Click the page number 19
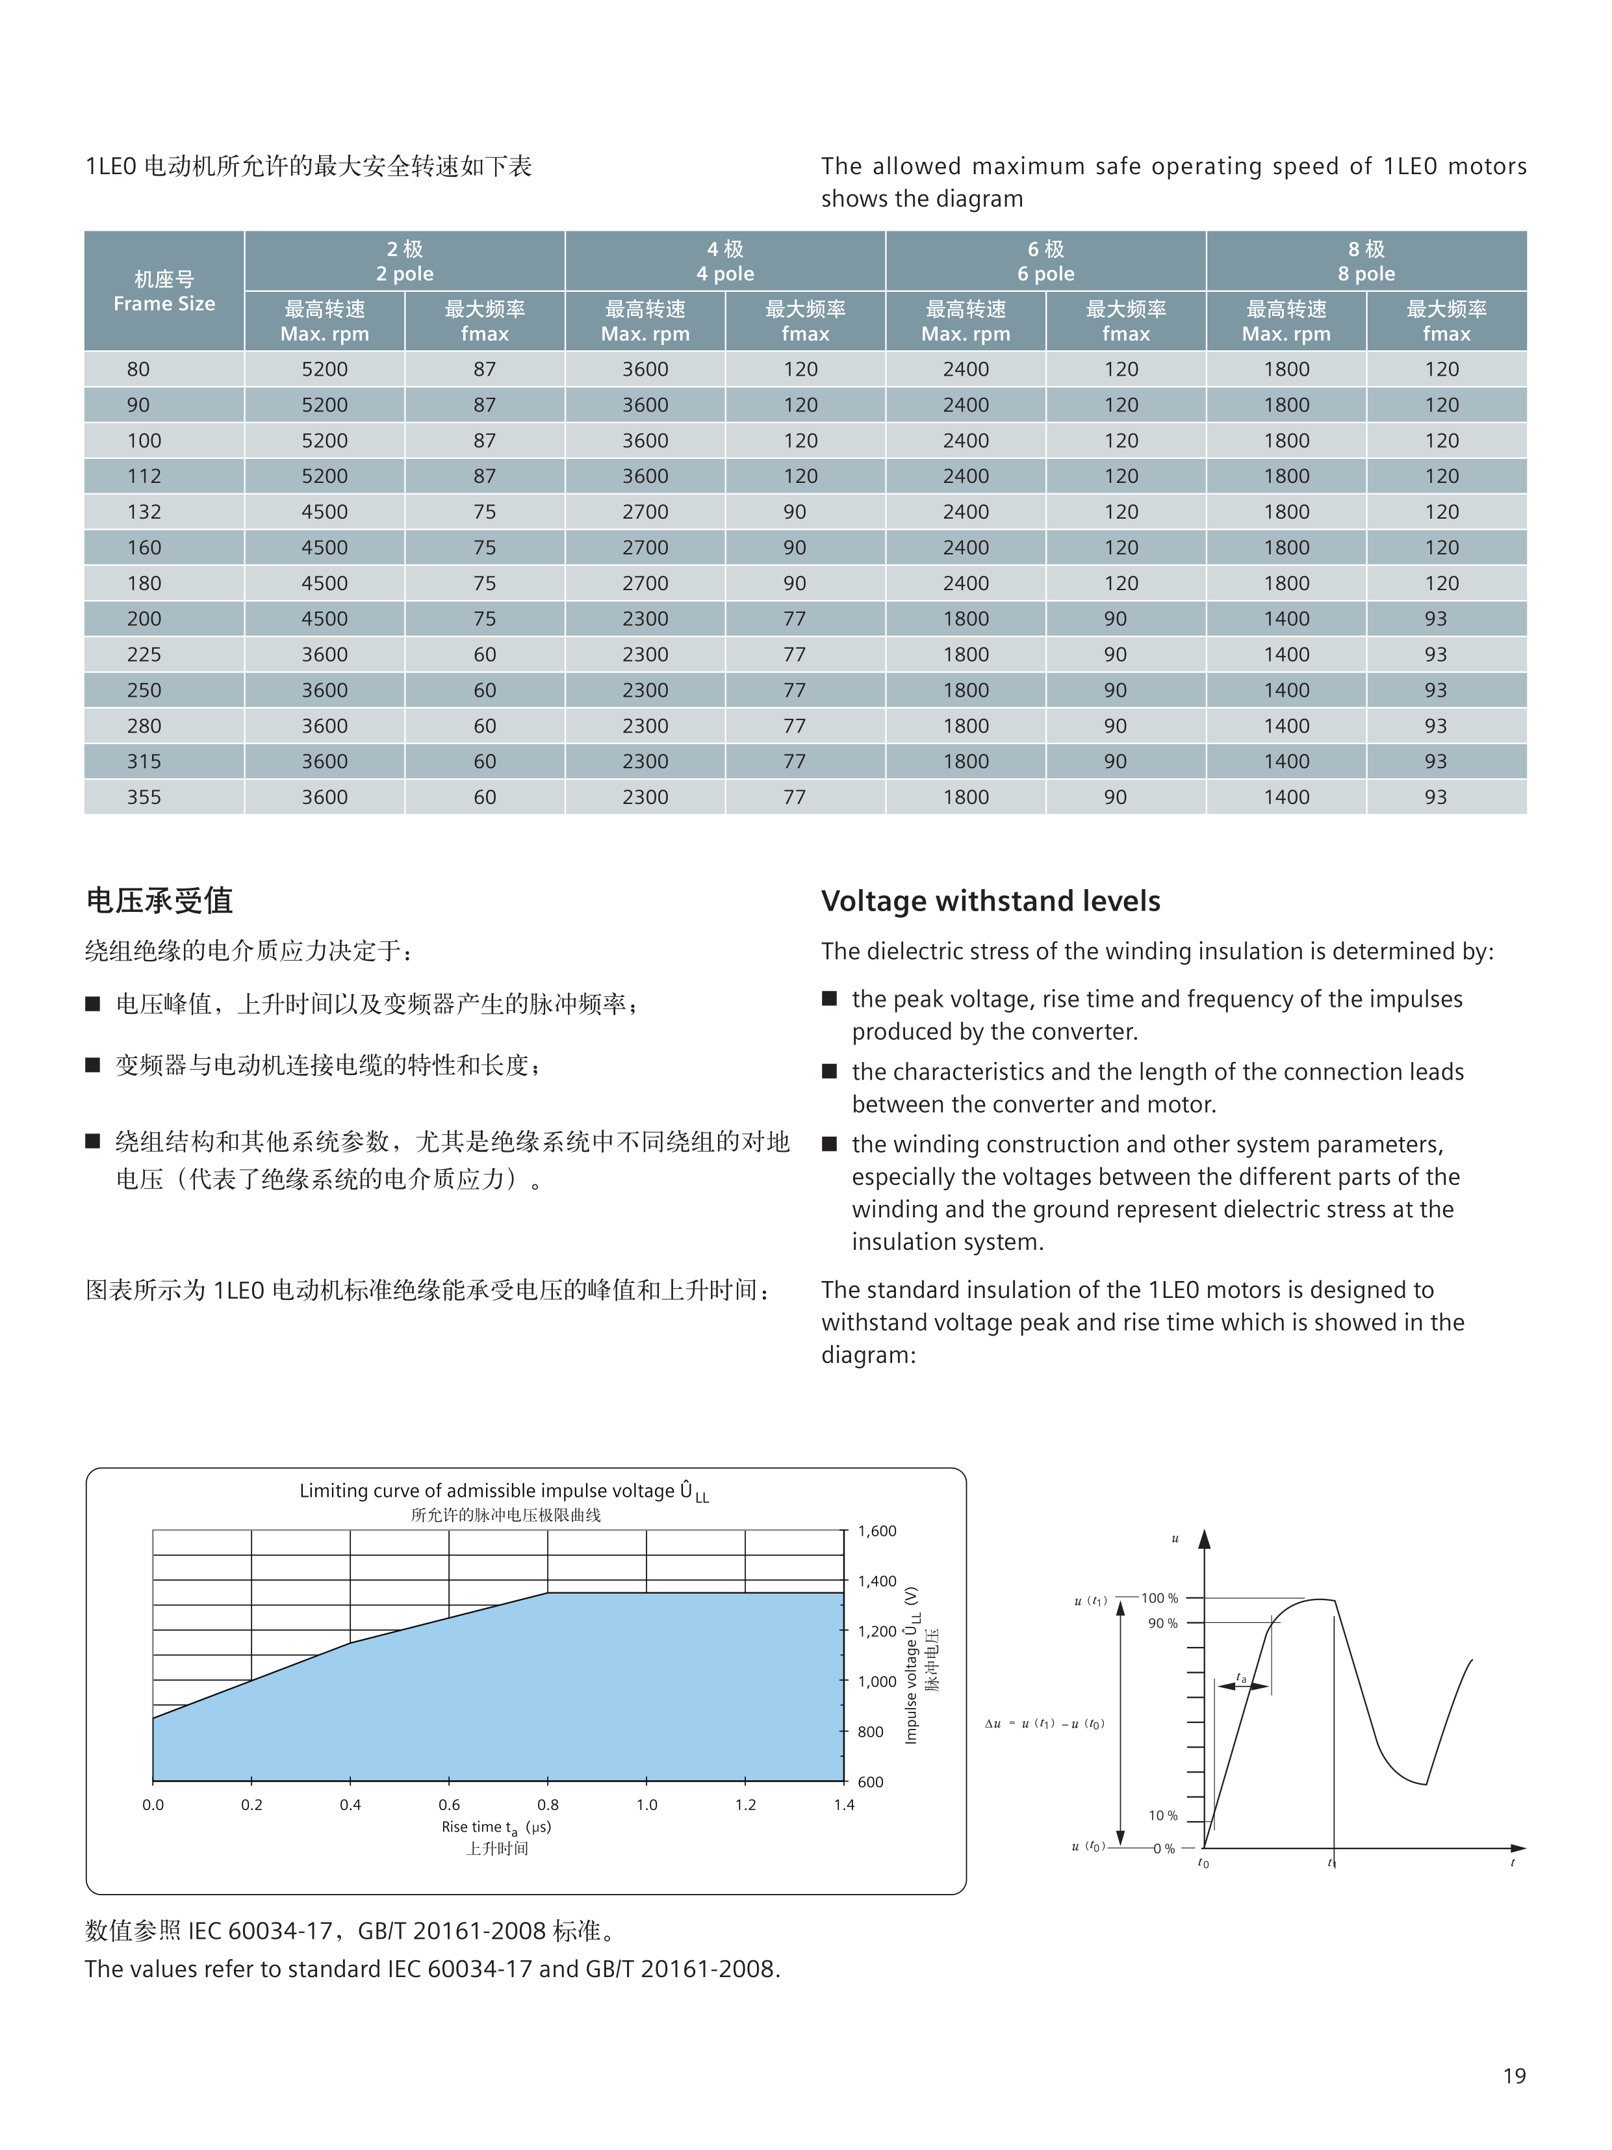click(1514, 2075)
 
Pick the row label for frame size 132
click(144, 512)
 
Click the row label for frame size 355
click(144, 797)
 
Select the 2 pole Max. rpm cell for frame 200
click(324, 619)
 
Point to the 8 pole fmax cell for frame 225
click(1435, 655)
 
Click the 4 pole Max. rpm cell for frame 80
click(645, 369)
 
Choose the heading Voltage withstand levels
click(990, 901)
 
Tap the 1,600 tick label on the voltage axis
click(876, 1531)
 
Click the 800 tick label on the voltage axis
click(871, 1731)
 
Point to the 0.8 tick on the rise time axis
click(548, 1805)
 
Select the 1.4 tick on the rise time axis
click(843, 1805)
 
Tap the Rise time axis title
click(496, 1828)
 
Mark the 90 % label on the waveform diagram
click(1162, 1623)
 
